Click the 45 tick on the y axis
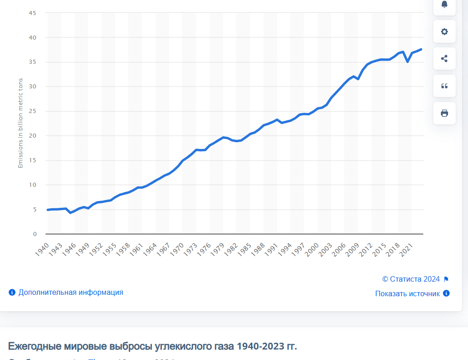[x=33, y=13]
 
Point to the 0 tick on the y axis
[x=35, y=234]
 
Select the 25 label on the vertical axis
[x=33, y=111]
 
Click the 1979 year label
[x=218, y=249]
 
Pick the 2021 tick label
[x=406, y=249]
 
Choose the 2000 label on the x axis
[x=312, y=249]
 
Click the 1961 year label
[x=137, y=249]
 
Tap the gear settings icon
[x=444, y=31]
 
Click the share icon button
[x=444, y=58]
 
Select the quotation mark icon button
[x=444, y=86]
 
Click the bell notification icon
[x=444, y=5]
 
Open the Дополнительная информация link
[x=71, y=293]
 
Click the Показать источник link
[x=407, y=294]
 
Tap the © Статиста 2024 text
[x=411, y=279]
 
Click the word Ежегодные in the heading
[x=34, y=346]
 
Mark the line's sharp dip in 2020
[x=408, y=62]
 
